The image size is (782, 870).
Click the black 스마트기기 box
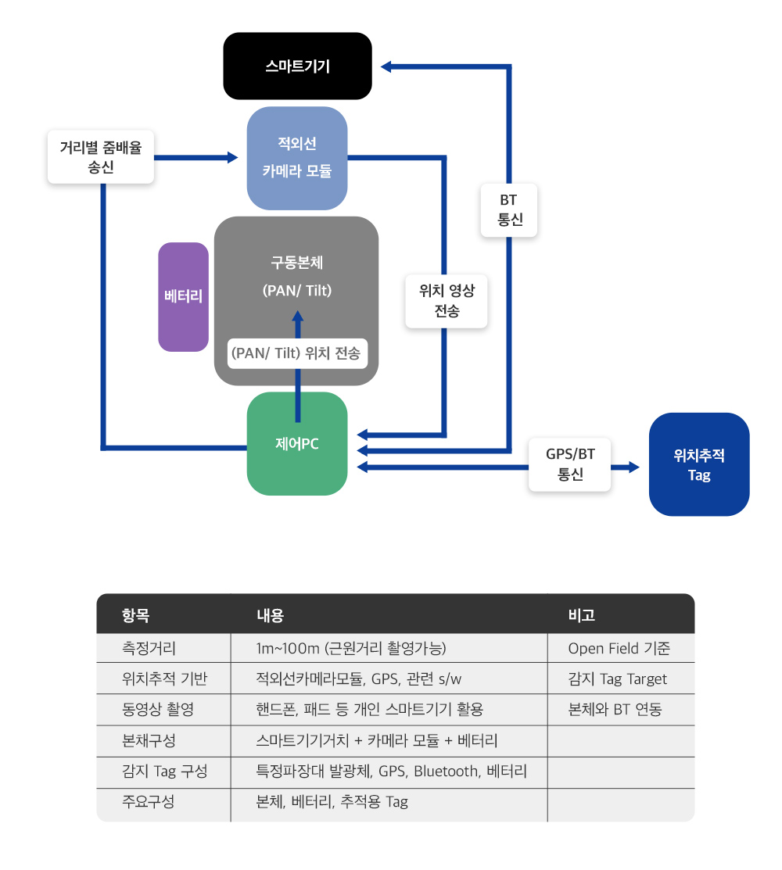(297, 66)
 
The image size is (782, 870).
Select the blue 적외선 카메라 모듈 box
(297, 158)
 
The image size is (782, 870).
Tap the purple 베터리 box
(183, 296)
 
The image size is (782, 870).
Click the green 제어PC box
(297, 443)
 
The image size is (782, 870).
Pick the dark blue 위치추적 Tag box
(699, 464)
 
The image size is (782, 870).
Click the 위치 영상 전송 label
(447, 301)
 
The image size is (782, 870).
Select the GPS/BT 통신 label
(570, 464)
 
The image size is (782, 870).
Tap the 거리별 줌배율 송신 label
(101, 156)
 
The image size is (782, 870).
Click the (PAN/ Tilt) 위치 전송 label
(296, 353)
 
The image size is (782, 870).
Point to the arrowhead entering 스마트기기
(386, 66)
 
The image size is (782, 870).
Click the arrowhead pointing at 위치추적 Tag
(633, 467)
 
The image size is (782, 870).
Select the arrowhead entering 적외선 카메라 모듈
(232, 158)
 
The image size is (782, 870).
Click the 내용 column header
(270, 615)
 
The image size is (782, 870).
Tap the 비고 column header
(582, 615)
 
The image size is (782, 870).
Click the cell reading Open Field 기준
(619, 649)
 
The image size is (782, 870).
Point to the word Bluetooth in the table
(445, 772)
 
